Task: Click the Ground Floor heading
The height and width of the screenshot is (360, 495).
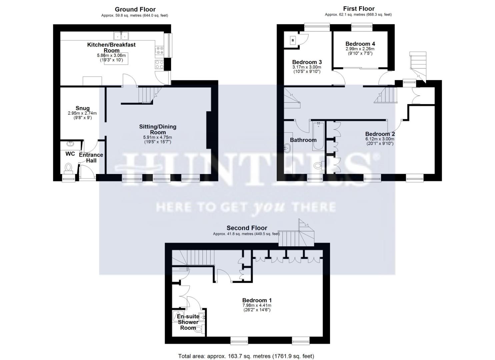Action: pos(135,9)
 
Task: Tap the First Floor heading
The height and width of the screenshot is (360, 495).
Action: pos(359,9)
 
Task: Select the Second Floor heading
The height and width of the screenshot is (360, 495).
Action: pos(247,228)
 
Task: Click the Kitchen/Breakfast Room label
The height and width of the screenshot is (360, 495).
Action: pos(111,47)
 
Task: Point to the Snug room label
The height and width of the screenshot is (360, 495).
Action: pos(82,108)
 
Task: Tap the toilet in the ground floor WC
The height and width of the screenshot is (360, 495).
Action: pos(69,167)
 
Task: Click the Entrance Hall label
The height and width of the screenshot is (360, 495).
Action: pos(91,158)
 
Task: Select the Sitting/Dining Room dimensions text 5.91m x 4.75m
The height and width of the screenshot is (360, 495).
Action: pos(158,137)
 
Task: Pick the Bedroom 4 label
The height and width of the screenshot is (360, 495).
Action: pos(360,44)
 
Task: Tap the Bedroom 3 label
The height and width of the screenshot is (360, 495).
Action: pos(307,62)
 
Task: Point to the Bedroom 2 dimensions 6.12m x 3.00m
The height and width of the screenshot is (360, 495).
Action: pos(380,139)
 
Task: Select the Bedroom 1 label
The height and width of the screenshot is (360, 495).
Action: pos(257,300)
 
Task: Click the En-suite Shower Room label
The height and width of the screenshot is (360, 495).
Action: pos(188,322)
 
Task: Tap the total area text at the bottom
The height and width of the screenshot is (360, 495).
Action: pos(246,356)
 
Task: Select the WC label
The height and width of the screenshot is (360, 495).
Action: pos(70,154)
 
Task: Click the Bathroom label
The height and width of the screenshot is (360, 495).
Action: pos(303,140)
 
